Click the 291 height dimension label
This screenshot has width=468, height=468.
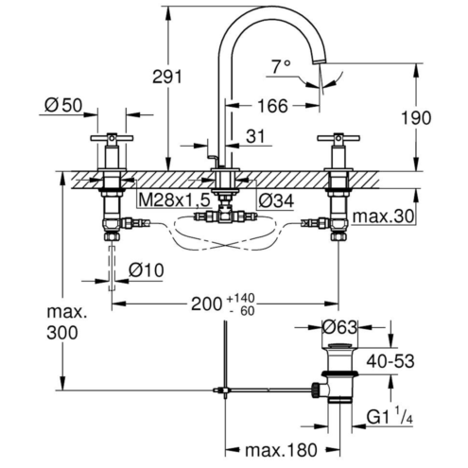pos(167,77)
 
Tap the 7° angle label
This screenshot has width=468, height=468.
pos(281,66)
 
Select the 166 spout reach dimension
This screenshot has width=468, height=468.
pos(272,106)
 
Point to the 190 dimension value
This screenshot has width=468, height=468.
pos(416,118)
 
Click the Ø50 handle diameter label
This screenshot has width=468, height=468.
pos(63,105)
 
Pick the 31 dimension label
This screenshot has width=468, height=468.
pos(255,136)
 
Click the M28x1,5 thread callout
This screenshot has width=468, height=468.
pos(174,199)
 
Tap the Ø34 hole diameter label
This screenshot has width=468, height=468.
pos(276,200)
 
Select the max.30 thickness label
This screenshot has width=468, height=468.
pos(383,217)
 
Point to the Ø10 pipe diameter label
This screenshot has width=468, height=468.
pos(147,270)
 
